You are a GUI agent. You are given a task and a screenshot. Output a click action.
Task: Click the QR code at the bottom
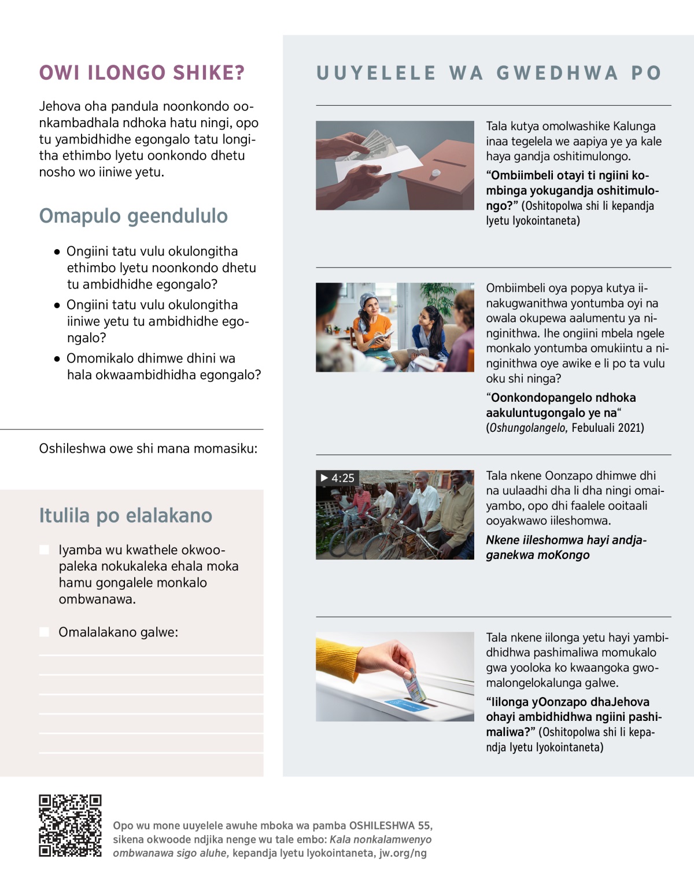pyautogui.click(x=70, y=826)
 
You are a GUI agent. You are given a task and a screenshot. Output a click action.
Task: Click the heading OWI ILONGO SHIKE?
pyautogui.click(x=142, y=73)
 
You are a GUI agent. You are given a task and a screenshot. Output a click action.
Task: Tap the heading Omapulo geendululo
pyautogui.click(x=133, y=216)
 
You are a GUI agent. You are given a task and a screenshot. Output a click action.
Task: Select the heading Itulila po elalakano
pyautogui.click(x=125, y=515)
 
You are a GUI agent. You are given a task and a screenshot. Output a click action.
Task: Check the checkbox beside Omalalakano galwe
pyautogui.click(x=45, y=632)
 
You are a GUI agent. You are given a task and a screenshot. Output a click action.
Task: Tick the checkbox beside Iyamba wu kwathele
pyautogui.click(x=45, y=550)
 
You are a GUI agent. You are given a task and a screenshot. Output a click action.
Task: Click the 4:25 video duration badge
pyautogui.click(x=338, y=478)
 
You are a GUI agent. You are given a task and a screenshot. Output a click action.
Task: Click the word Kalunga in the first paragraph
pyautogui.click(x=634, y=127)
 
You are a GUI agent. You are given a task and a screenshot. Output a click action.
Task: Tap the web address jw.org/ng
pyautogui.click(x=403, y=853)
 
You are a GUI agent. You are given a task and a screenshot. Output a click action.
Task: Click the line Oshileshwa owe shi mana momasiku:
pyautogui.click(x=148, y=449)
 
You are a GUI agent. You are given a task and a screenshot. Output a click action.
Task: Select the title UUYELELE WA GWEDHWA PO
pyautogui.click(x=489, y=73)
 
